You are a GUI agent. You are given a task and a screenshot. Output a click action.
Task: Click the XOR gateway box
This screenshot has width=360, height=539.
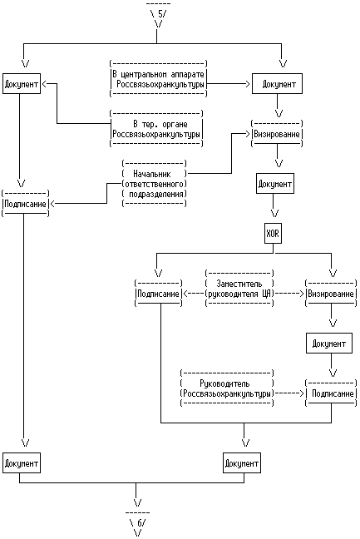tap(273, 234)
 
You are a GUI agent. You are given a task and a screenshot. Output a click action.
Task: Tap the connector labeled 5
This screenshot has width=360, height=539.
tap(158, 15)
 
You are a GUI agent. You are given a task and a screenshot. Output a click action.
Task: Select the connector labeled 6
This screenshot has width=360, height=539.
tap(137, 523)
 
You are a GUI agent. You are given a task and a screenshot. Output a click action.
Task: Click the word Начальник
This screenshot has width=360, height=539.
tap(152, 174)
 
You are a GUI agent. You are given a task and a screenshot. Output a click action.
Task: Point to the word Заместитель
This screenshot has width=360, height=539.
tap(239, 284)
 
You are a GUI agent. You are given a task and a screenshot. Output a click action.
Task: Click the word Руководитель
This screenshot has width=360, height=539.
tap(224, 383)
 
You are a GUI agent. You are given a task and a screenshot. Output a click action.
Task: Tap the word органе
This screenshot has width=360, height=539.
tap(175, 125)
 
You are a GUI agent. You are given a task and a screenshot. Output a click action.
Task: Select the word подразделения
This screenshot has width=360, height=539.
tap(156, 194)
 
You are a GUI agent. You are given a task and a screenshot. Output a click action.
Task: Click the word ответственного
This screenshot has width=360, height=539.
tap(155, 184)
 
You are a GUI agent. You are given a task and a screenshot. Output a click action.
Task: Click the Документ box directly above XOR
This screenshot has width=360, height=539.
tap(275, 184)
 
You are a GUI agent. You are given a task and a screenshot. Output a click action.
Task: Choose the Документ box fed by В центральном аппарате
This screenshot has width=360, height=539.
tap(277, 83)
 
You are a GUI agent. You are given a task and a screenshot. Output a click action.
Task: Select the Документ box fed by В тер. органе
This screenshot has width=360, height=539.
tap(22, 83)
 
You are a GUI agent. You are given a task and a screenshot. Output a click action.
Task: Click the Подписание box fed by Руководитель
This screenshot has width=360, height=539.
tap(332, 393)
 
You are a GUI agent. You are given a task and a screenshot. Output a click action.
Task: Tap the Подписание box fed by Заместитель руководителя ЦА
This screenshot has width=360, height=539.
tap(158, 294)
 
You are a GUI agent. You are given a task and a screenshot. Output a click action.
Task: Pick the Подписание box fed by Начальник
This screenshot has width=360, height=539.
tap(26, 204)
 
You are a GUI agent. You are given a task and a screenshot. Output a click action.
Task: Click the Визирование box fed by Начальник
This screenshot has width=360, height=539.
tap(277, 134)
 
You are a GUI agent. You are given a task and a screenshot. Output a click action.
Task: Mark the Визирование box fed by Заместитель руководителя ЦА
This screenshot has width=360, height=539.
tap(332, 294)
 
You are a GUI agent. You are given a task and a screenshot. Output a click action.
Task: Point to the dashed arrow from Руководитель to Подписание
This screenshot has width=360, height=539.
tap(289, 393)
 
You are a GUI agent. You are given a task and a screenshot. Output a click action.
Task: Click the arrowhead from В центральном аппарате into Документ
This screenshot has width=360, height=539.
tap(247, 83)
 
